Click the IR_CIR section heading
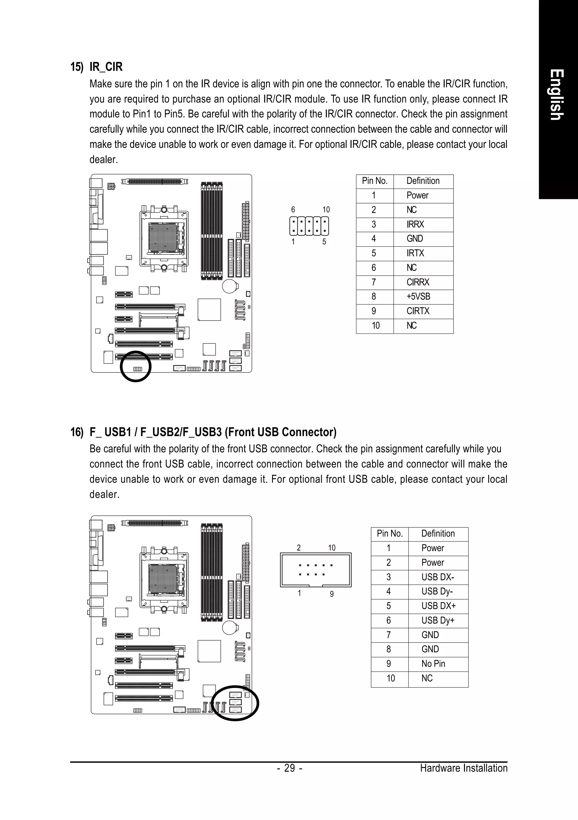[106, 67]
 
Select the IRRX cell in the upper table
[415, 225]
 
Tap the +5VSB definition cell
[418, 297]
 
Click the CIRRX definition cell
[418, 282]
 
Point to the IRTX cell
[415, 254]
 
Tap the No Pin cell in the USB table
[433, 664]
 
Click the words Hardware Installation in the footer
[463, 768]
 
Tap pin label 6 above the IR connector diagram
[293, 210]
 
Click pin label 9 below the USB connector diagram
[332, 594]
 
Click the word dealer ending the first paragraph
[103, 160]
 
